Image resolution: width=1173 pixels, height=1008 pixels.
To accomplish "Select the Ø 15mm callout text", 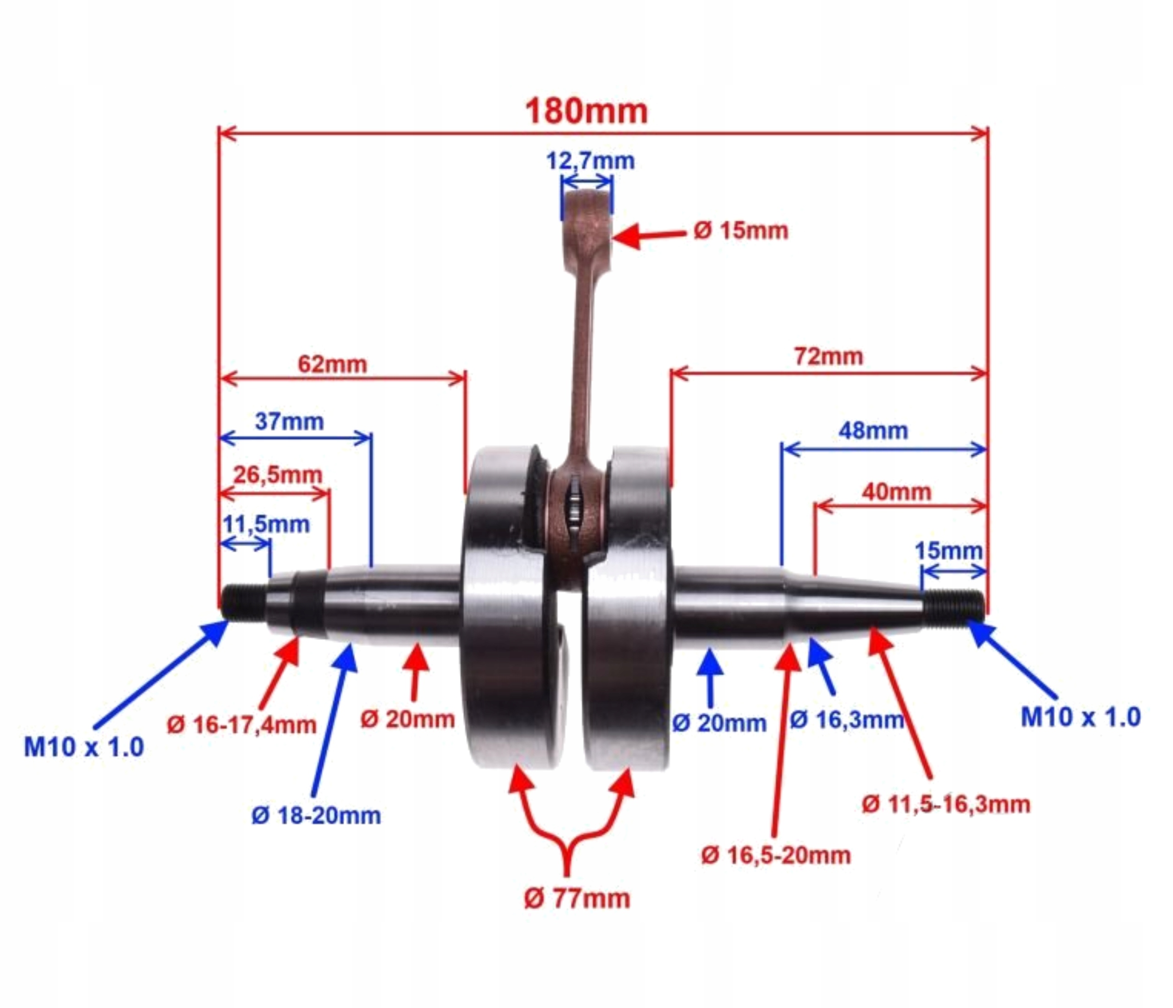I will pos(740,231).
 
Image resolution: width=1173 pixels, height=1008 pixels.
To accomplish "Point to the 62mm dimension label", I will pos(332,364).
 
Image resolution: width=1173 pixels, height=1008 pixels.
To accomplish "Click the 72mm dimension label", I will pos(828,356).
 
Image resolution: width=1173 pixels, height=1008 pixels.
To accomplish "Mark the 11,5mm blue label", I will pos(266,525).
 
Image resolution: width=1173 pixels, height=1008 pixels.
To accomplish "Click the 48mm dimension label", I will pos(873,431).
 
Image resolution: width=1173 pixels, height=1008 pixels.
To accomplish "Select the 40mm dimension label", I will pos(896,492).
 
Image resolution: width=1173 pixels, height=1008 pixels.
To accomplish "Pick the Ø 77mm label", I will pos(577,898).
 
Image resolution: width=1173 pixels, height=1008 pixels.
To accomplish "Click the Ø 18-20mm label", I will pos(316,816).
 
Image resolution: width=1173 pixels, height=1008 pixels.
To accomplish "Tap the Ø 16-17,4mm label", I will pos(242,725).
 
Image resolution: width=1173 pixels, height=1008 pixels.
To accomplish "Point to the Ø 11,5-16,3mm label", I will pos(945,804).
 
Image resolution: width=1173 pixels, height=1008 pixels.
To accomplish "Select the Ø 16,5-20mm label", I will pos(776,855).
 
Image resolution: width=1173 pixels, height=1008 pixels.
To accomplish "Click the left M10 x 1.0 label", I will pos(84,747).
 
